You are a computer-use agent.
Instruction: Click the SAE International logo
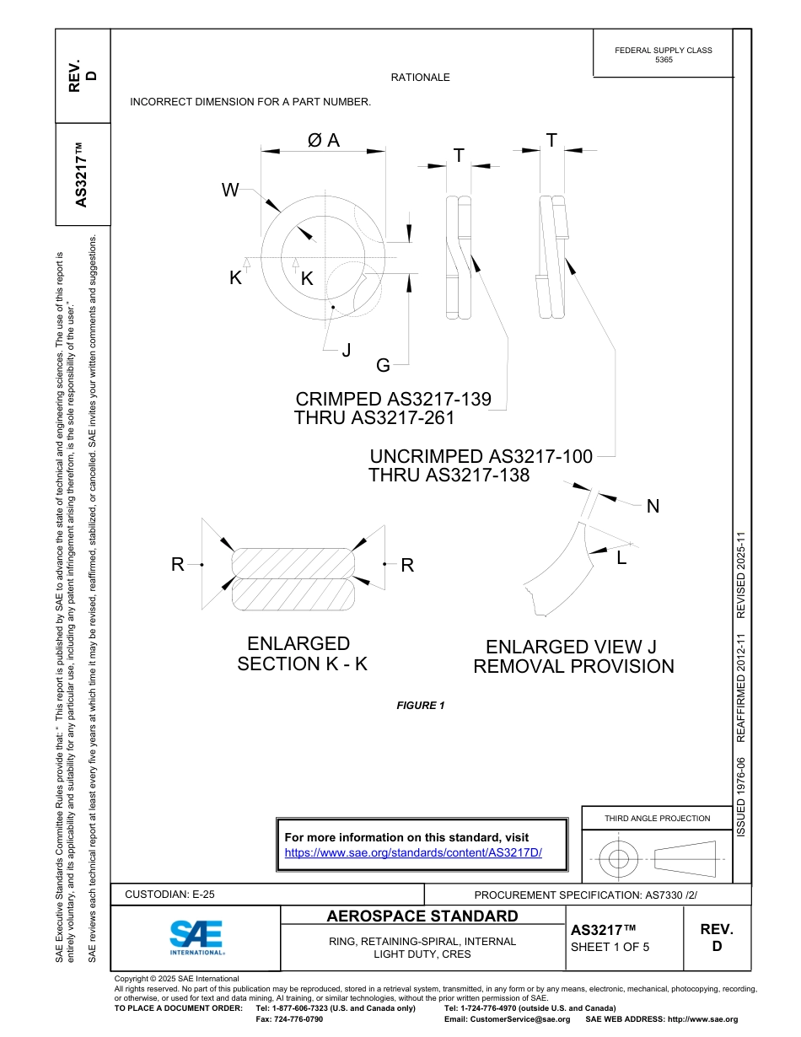(x=196, y=937)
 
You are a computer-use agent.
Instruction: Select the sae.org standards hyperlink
(x=413, y=852)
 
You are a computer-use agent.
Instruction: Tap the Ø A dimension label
(x=324, y=141)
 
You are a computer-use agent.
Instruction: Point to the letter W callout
(x=230, y=191)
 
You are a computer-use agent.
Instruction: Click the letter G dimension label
(x=383, y=365)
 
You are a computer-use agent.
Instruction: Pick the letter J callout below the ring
(x=346, y=350)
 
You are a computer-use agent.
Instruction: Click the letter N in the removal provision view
(x=653, y=507)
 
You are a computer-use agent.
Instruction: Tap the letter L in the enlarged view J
(x=621, y=557)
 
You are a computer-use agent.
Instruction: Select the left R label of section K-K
(x=178, y=565)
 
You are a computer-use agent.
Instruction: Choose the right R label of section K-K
(x=407, y=566)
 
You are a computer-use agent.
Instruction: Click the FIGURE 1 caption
(x=420, y=706)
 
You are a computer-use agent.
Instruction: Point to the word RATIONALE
(x=420, y=78)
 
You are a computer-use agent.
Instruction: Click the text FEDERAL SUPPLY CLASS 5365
(x=664, y=56)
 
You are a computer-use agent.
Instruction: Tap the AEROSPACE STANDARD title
(x=422, y=916)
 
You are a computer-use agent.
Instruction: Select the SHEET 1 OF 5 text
(x=610, y=947)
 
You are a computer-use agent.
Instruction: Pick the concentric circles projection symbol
(x=619, y=860)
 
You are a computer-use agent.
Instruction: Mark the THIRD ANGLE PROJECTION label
(x=657, y=818)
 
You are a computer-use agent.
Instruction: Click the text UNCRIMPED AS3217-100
(x=481, y=457)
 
